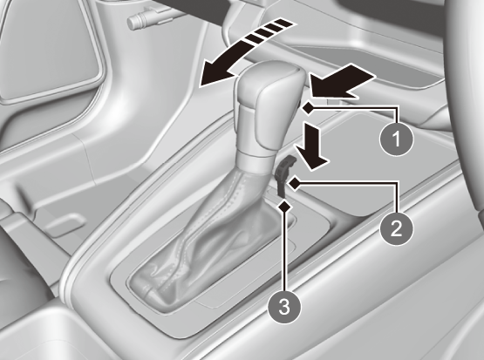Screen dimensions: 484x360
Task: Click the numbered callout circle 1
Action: (x=396, y=139)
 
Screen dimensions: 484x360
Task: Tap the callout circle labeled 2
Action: (x=396, y=228)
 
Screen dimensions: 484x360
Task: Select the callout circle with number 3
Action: (x=284, y=307)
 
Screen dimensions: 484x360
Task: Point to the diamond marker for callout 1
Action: (x=309, y=109)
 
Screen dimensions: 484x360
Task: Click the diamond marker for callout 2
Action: (x=294, y=184)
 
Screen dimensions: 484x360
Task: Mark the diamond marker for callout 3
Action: (x=284, y=206)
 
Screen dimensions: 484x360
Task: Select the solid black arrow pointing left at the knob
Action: (x=342, y=81)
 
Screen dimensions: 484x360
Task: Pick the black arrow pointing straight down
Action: (x=311, y=146)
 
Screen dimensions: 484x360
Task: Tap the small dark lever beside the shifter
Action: (x=283, y=176)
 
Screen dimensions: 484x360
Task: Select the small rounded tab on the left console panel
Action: (x=65, y=223)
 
